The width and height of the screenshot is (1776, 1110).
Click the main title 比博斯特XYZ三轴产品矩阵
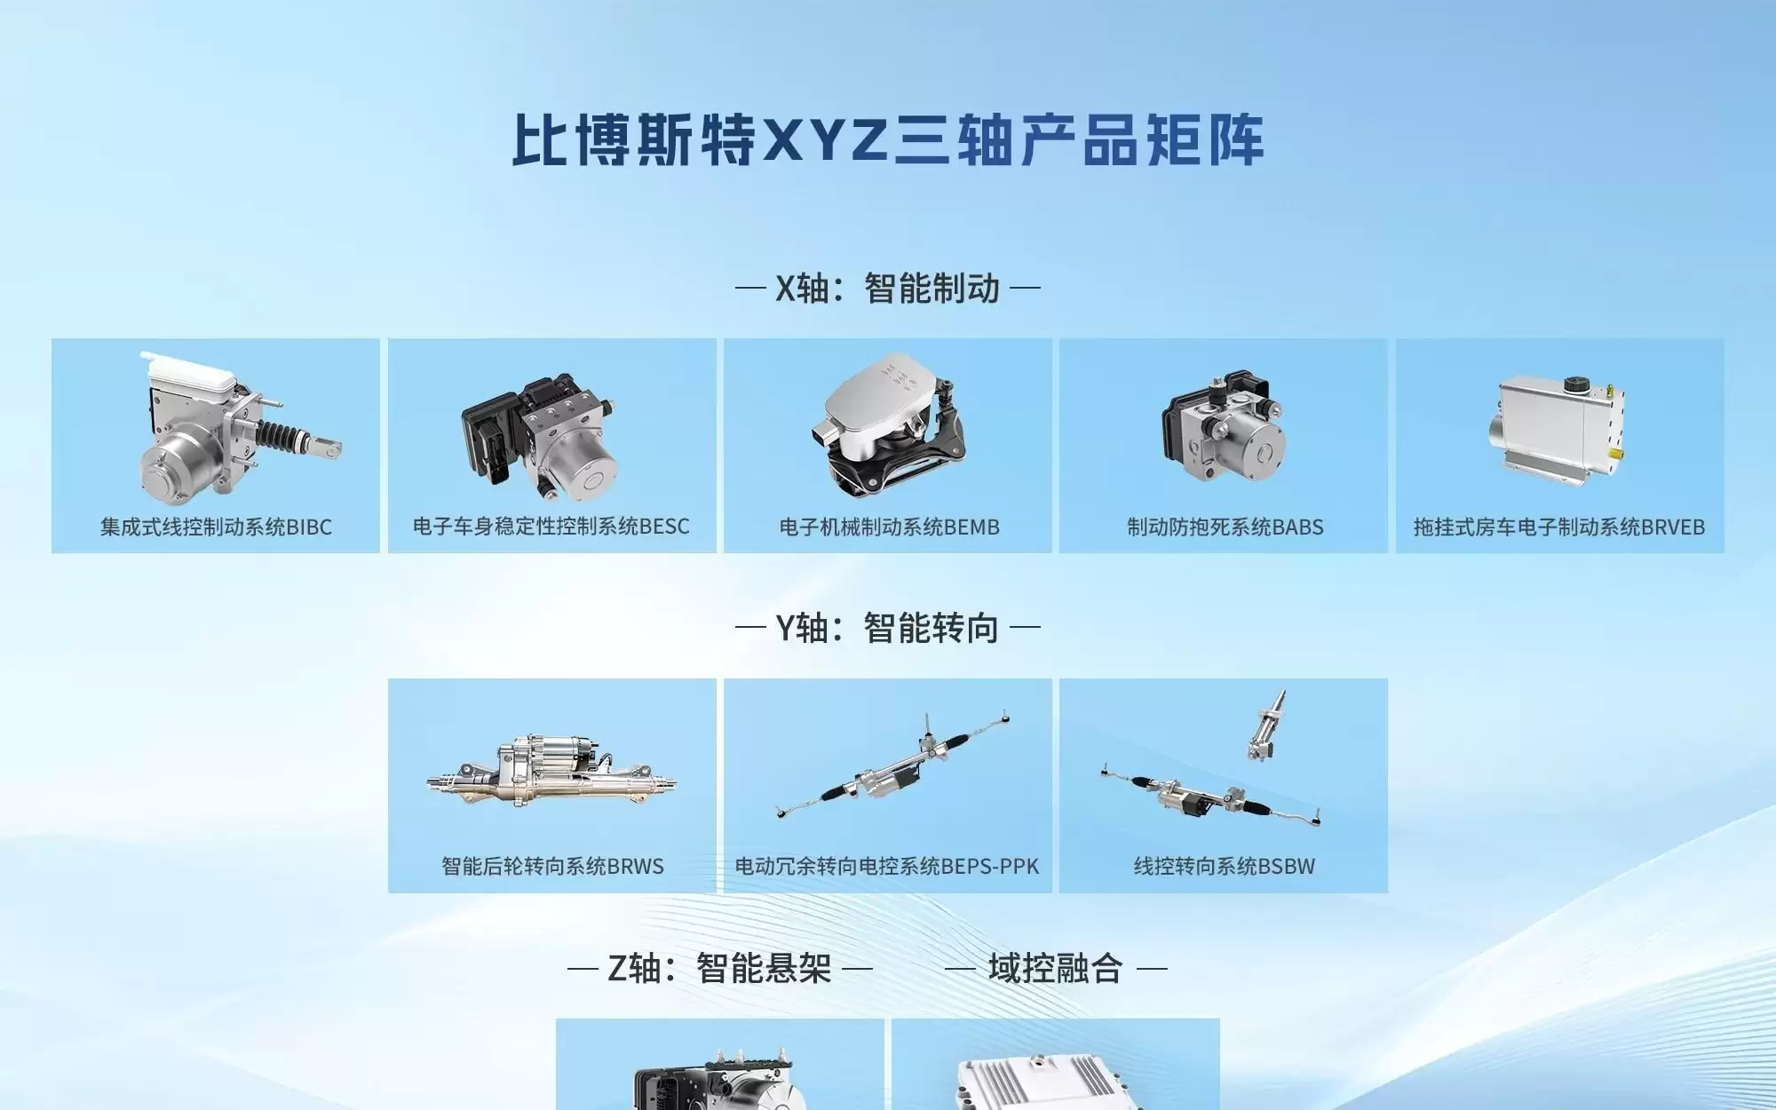point(888,140)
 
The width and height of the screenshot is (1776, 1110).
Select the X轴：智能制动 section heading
point(888,289)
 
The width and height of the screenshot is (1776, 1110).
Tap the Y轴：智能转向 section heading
point(888,628)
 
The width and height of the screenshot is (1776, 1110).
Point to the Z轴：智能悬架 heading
point(719,968)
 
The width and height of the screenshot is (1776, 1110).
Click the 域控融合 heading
point(1055,968)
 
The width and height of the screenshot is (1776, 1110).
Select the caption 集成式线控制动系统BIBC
point(216,527)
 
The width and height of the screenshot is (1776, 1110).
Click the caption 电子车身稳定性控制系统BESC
point(551,527)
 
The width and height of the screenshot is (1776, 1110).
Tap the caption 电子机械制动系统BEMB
point(889,527)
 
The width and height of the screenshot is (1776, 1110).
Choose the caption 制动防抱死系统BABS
point(1225,527)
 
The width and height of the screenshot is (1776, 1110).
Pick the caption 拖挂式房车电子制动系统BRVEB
point(1559,527)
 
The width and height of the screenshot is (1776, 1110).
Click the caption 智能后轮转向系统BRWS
point(552,866)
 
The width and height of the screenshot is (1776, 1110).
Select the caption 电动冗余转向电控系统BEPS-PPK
point(887,866)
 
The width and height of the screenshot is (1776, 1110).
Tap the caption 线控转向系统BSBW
point(1224,866)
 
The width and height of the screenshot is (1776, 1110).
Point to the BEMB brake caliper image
point(888,426)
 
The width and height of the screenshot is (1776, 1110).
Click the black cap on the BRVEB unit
point(1575,385)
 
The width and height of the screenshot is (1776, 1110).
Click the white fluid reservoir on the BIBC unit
point(191,369)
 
